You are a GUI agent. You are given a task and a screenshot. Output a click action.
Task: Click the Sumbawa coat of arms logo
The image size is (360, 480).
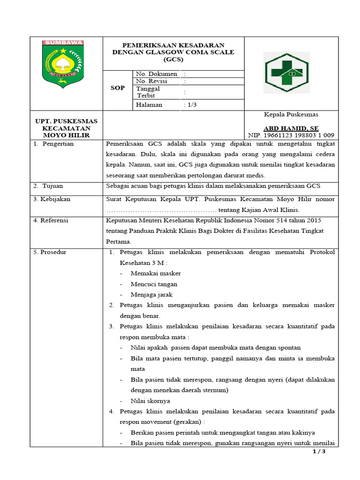click(63, 63)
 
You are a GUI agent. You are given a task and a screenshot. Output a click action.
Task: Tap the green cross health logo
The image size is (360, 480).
click(285, 72)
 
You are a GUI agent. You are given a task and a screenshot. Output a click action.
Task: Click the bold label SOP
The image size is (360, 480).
click(118, 88)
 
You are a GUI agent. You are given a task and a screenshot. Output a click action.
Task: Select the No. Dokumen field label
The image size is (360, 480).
click(157, 74)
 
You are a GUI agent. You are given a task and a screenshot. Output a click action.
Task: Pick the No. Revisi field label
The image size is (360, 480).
click(151, 81)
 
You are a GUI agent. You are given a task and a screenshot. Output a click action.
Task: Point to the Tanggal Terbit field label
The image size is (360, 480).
click(148, 92)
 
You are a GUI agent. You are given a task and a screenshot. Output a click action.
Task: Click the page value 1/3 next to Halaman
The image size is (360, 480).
click(191, 105)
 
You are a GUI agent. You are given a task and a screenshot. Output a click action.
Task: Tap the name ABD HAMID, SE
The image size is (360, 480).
click(291, 128)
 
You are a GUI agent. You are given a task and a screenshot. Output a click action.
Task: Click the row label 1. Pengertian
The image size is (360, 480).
click(53, 144)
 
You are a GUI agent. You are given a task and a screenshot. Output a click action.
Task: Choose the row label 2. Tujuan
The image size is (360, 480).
click(48, 186)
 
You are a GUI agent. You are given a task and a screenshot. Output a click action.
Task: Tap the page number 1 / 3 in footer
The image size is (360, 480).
click(318, 451)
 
